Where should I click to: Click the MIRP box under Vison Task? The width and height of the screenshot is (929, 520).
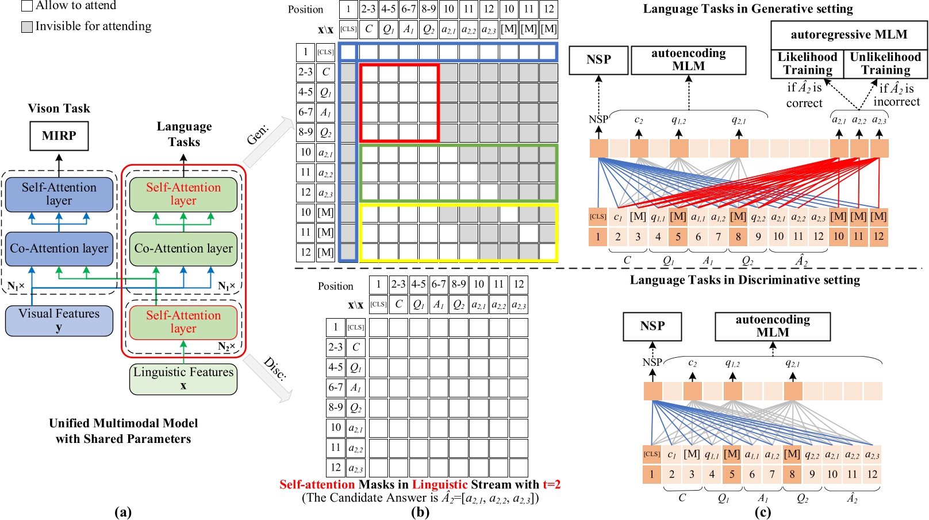coord(59,136)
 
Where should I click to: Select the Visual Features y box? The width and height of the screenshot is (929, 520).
coord(59,320)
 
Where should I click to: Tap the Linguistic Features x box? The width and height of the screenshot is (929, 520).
coord(183,378)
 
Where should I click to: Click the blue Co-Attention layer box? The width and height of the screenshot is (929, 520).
coord(59,248)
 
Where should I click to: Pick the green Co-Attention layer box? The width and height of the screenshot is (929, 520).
coord(183,248)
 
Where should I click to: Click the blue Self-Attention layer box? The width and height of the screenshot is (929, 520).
coord(59,194)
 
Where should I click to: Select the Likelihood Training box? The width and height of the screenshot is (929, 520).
coord(807,64)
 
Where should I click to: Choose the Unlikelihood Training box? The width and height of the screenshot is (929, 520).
coord(885,64)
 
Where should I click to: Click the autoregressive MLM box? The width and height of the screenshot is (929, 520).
coord(849,35)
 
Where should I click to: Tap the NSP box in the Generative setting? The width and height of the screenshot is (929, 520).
coord(598,60)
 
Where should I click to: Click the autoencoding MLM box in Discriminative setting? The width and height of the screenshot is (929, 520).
coord(772,326)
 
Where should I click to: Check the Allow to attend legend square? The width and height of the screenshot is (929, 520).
coord(26,6)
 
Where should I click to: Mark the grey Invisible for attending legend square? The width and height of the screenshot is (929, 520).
coord(26,26)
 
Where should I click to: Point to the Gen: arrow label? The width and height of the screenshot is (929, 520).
coord(258,136)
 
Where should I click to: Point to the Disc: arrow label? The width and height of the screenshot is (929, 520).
coord(275,368)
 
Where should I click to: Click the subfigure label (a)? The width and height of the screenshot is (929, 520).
coord(123,511)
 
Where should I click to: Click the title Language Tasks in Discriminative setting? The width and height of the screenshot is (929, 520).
coord(744,280)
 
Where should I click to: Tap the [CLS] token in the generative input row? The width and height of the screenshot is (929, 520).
coord(598,217)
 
